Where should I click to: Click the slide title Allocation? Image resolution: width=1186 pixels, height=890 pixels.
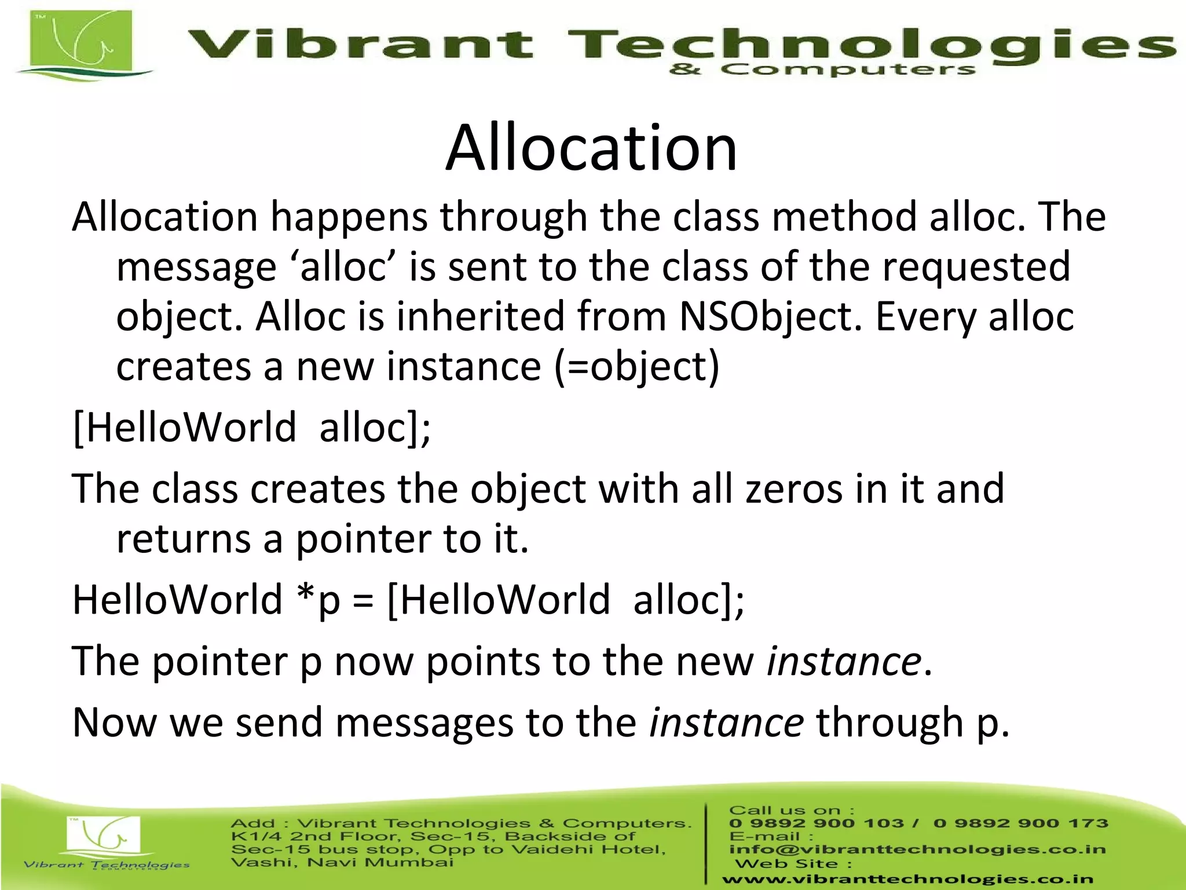591,149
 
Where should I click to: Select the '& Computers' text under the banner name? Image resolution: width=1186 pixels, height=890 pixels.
822,70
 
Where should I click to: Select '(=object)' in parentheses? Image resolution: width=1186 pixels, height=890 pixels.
637,367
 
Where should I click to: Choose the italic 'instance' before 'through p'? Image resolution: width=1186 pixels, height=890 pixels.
726,723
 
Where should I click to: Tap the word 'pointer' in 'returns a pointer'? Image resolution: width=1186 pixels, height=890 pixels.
363,539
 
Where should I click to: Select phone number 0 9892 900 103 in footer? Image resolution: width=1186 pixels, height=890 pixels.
817,823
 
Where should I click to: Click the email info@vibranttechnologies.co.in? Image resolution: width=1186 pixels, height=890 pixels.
917,849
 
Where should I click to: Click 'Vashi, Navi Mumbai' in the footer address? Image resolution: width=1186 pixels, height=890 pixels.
342,863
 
